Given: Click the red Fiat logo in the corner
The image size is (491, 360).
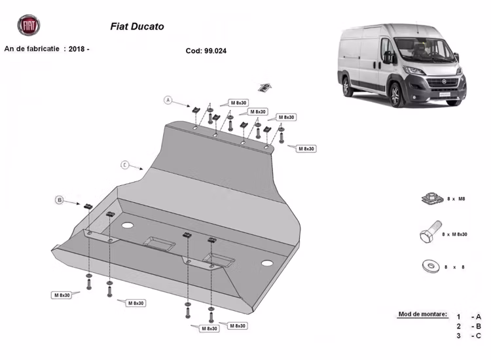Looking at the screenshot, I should (x=28, y=25).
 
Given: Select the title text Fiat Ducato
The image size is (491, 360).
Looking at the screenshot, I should (x=137, y=27).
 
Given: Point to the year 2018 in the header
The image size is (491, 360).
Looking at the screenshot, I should (x=78, y=48).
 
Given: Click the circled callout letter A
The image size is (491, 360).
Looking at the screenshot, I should (x=168, y=100).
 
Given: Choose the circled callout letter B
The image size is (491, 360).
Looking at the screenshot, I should (x=59, y=200).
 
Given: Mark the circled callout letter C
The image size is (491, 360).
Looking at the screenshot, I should (x=124, y=164).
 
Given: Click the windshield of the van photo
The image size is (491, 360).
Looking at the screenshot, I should (x=419, y=48).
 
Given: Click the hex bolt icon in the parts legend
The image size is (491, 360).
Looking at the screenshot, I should (x=426, y=234).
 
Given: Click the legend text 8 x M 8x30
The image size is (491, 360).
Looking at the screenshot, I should (x=454, y=234).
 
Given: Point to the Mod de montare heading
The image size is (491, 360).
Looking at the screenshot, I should (x=422, y=314).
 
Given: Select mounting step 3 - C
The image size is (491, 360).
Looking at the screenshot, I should (x=469, y=336).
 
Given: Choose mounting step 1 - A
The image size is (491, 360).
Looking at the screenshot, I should (x=469, y=316).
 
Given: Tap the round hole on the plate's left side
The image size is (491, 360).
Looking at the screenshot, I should (x=127, y=225).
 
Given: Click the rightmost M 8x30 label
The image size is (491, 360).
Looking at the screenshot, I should (x=306, y=149).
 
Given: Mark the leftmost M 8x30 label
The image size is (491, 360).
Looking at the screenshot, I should (x=61, y=295).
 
